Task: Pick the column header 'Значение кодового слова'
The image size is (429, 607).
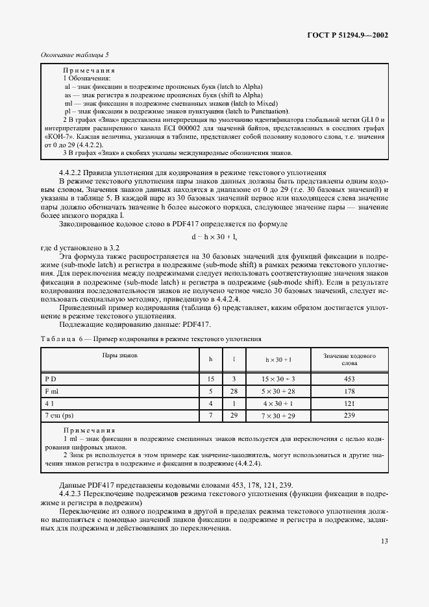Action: point(350,360)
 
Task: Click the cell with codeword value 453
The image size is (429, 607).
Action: point(350,377)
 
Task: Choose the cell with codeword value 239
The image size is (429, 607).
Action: point(350,414)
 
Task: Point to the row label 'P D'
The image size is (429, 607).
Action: point(51,377)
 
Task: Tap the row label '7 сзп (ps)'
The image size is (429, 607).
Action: point(60,414)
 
